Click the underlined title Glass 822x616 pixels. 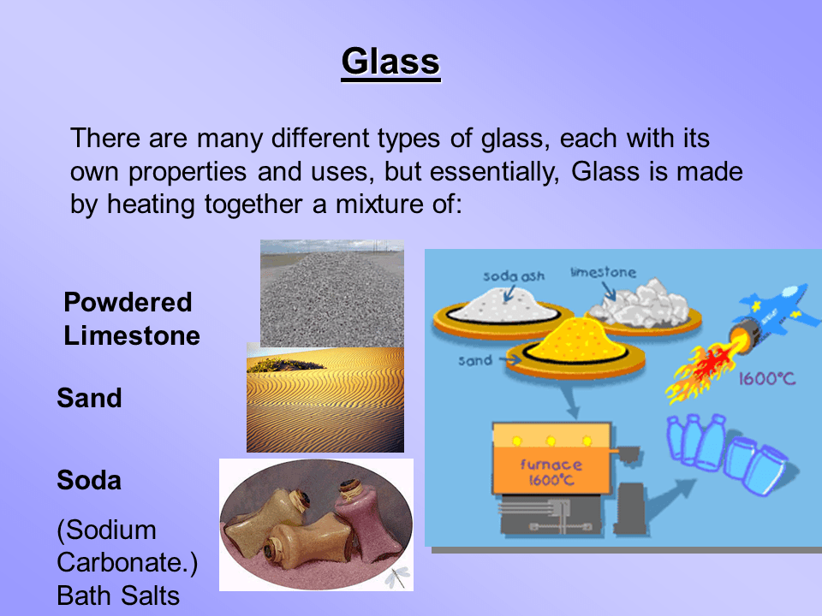[390, 62]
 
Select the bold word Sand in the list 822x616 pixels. [89, 398]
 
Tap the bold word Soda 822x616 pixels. [89, 480]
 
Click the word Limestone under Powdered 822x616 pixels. [132, 335]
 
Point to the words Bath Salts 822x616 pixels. [118, 595]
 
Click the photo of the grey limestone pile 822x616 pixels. [332, 293]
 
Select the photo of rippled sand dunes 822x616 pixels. [325, 400]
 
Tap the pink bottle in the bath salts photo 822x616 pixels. [360, 518]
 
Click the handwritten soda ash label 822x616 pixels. [513, 276]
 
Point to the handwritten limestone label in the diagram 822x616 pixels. [603, 272]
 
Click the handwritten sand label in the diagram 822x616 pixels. [475, 360]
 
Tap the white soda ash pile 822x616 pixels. [503, 306]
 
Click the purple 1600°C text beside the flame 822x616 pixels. [767, 378]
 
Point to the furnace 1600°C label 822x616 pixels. [551, 472]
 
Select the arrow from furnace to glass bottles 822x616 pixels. [670, 498]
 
